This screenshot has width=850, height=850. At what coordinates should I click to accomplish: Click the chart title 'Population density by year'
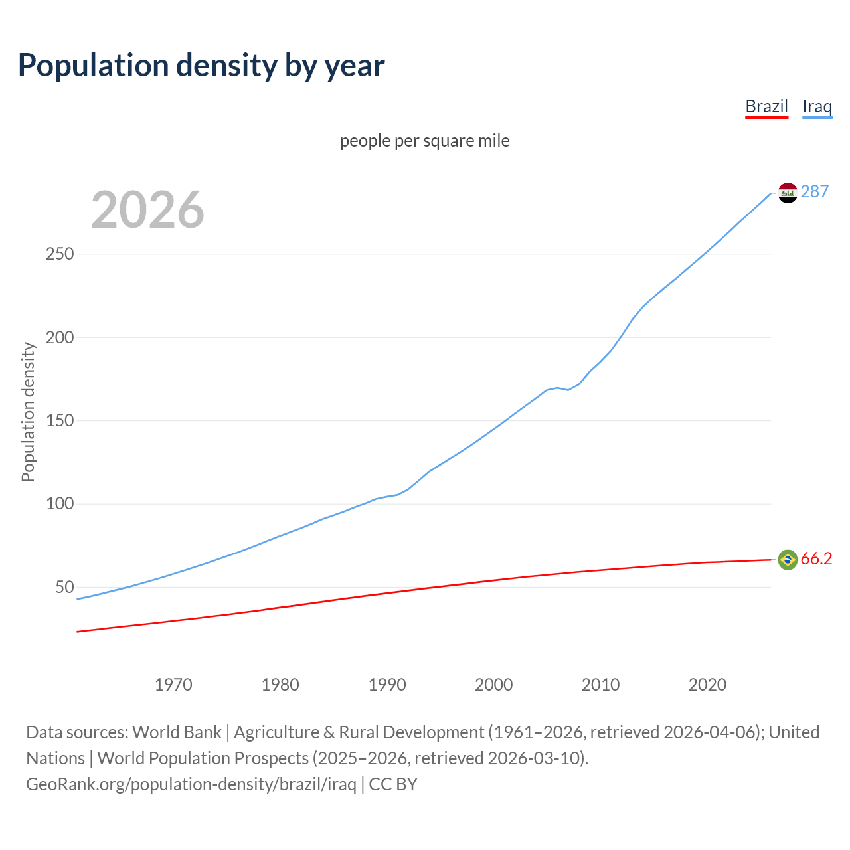201,66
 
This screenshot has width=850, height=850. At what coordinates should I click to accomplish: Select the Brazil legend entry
766,106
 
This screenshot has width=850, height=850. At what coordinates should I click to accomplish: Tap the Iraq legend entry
817,106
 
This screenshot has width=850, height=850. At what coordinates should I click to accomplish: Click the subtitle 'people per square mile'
424,141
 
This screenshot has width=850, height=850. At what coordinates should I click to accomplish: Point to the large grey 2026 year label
147,210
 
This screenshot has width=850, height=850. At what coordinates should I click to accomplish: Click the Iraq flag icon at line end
788,193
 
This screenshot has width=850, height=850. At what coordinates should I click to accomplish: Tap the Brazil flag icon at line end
788,560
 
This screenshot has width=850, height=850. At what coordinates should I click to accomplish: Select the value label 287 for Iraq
815,191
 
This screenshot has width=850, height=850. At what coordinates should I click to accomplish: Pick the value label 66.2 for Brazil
816,559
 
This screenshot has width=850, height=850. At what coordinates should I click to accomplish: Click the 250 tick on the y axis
60,254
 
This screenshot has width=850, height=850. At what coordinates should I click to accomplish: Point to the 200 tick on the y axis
60,337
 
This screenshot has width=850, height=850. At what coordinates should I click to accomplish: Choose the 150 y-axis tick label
60,421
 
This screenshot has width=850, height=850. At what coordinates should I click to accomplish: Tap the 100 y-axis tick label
60,504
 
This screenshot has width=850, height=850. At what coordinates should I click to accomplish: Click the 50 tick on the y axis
64,588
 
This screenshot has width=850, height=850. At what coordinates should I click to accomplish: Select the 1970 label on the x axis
173,685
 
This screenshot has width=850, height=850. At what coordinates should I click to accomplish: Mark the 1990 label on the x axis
387,685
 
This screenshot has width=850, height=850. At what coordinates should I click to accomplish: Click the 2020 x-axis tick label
707,685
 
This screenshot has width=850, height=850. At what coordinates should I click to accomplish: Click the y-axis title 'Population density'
28,412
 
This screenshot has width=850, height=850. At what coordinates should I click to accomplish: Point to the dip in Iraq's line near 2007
568,389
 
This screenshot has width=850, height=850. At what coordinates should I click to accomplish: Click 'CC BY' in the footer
393,784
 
